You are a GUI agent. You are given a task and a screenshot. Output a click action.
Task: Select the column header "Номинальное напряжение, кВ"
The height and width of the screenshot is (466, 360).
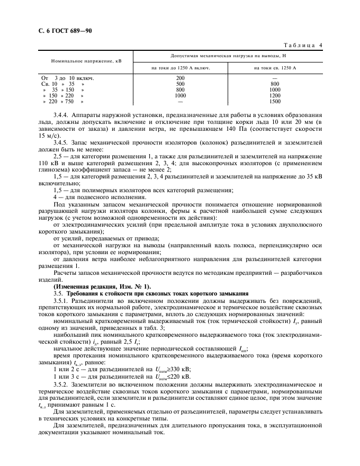point(86,61)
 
